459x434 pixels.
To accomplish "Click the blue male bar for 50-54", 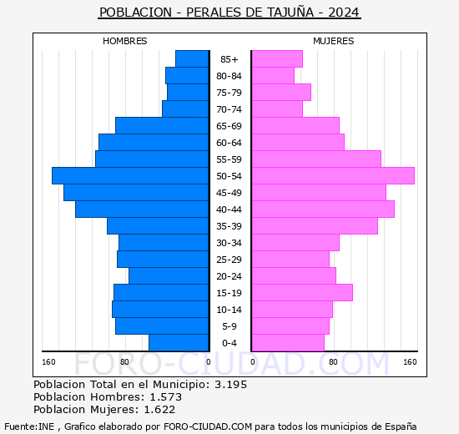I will tap(129, 175).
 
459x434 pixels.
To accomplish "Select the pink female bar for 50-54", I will tap(332, 175).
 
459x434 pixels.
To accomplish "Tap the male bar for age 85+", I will tap(192, 58).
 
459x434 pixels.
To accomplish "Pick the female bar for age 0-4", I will tap(287, 342).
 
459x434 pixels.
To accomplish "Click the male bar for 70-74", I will tap(185, 108).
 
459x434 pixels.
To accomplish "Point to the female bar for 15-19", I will tap(301, 292).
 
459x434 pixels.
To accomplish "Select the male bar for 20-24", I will tap(169, 275).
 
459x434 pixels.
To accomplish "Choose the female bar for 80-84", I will tap(272, 75).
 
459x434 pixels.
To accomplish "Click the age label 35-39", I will tap(229, 226).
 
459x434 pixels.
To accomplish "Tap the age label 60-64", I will tap(229, 143).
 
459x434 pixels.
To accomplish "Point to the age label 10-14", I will tap(229, 310).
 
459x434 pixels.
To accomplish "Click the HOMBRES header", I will tap(124, 41).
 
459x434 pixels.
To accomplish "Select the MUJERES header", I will tap(333, 41).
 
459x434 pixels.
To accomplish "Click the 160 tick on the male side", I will tap(48, 361).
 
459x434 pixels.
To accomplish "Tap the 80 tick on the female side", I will tap(333, 361).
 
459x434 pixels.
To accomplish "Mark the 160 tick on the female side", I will tap(410, 361).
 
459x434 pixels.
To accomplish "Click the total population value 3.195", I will tap(230, 384).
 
